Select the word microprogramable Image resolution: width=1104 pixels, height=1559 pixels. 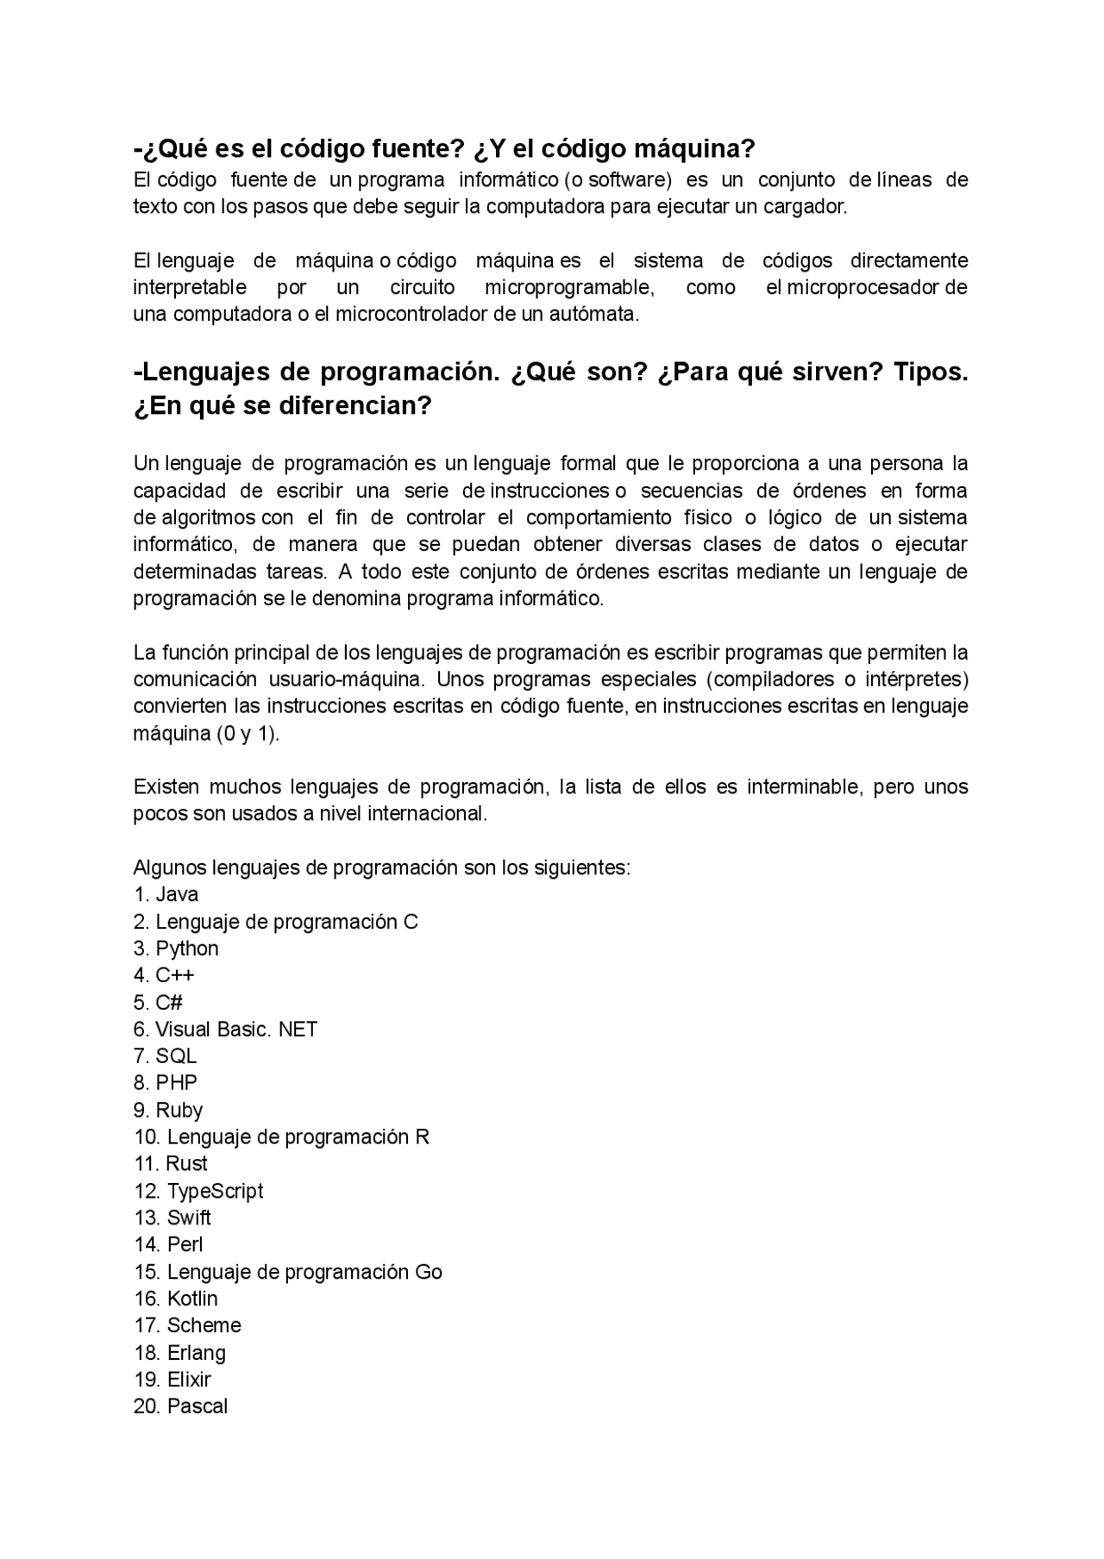[569, 287]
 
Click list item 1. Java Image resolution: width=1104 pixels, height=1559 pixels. [166, 894]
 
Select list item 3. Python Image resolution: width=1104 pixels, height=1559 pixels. [177, 949]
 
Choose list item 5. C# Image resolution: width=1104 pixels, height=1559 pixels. [159, 1002]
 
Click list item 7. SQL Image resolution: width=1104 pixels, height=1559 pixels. [166, 1056]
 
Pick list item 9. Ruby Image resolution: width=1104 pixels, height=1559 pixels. [168, 1111]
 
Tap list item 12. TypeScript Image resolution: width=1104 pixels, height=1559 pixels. [198, 1191]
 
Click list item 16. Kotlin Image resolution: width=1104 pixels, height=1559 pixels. [176, 1299]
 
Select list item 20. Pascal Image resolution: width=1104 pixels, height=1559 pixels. [181, 1406]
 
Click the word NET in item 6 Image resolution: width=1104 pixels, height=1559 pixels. [298, 1030]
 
